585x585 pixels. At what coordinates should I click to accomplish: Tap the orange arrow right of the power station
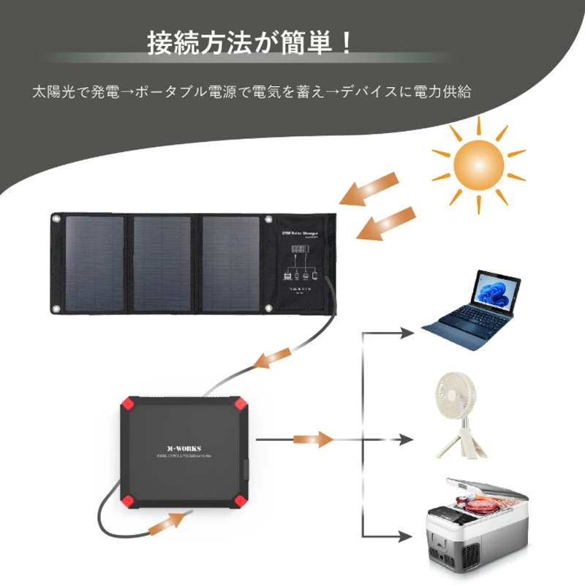[x=306, y=439]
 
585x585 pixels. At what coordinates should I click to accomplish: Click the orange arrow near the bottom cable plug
[x=172, y=522]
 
